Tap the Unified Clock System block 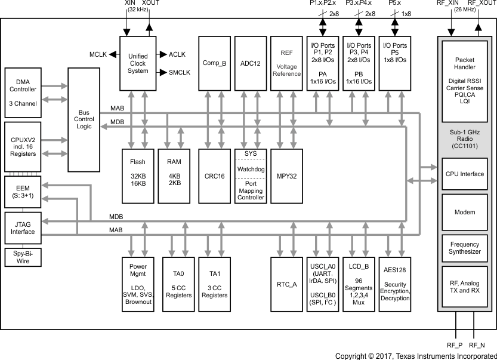click(x=138, y=63)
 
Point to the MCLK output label click(x=98, y=54)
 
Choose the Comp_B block click(x=214, y=63)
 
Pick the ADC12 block click(x=250, y=63)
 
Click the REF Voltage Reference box click(x=286, y=63)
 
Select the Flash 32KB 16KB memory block click(x=138, y=172)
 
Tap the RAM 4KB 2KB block click(x=174, y=172)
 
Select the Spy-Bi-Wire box click(x=23, y=257)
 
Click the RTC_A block click(x=286, y=284)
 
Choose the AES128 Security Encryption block click(x=395, y=284)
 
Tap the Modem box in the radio click(x=465, y=212)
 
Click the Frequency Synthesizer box click(x=465, y=248)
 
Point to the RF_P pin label click(x=455, y=345)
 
